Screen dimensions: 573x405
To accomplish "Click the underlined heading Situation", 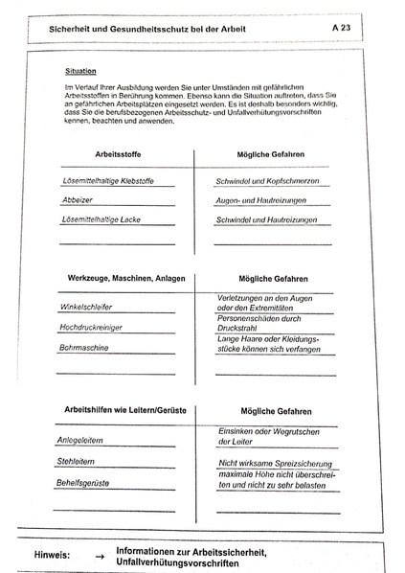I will [80, 71].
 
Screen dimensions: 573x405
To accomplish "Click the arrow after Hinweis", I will [98, 554].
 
